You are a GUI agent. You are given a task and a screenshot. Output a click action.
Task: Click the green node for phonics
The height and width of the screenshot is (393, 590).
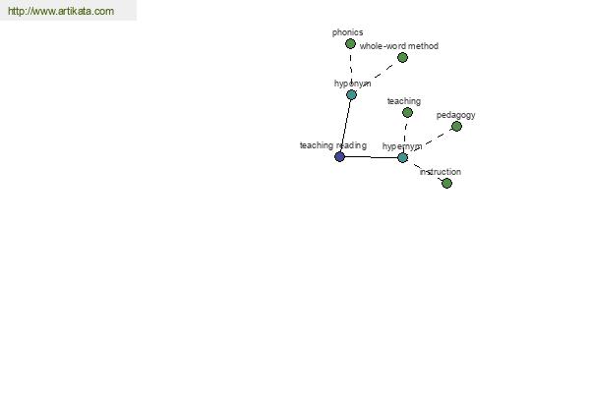350,44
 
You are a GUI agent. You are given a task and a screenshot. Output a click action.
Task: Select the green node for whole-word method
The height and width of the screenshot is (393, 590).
402,58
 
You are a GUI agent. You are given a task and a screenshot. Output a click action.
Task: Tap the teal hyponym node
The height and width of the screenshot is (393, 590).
351,94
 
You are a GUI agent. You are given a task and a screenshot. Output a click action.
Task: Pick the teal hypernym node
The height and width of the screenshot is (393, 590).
402,157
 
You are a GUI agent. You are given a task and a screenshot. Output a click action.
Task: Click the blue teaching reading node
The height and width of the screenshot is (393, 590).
340,156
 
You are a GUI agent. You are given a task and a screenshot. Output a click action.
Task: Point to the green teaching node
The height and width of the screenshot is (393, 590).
407,112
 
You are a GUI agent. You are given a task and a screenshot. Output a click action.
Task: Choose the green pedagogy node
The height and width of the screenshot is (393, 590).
457,127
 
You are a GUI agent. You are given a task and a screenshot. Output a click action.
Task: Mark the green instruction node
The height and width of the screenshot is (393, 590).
447,183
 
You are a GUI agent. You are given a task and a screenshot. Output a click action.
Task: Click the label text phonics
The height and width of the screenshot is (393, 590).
347,32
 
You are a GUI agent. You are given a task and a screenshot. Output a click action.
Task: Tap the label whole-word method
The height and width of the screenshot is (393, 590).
399,46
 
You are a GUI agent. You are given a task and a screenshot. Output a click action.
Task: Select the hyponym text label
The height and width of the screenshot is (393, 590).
353,84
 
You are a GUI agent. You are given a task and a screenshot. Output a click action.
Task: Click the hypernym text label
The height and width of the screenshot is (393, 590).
402,146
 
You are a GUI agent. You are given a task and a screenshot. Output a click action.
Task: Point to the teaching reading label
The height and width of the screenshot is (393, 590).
333,145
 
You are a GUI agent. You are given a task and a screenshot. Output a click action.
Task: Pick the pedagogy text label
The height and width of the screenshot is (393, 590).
455,115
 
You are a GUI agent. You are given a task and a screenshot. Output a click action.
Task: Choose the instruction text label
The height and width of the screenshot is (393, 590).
441,172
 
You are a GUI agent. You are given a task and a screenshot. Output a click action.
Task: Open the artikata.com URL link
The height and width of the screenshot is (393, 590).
61,11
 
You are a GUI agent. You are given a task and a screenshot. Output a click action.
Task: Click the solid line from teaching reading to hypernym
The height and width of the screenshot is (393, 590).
371,157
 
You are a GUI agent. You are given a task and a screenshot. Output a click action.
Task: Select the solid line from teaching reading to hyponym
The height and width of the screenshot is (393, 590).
345,126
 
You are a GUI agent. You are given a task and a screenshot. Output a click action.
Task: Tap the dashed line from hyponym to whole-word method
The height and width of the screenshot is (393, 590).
377,77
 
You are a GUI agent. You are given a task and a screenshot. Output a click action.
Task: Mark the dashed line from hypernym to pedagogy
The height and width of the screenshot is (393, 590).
430,142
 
